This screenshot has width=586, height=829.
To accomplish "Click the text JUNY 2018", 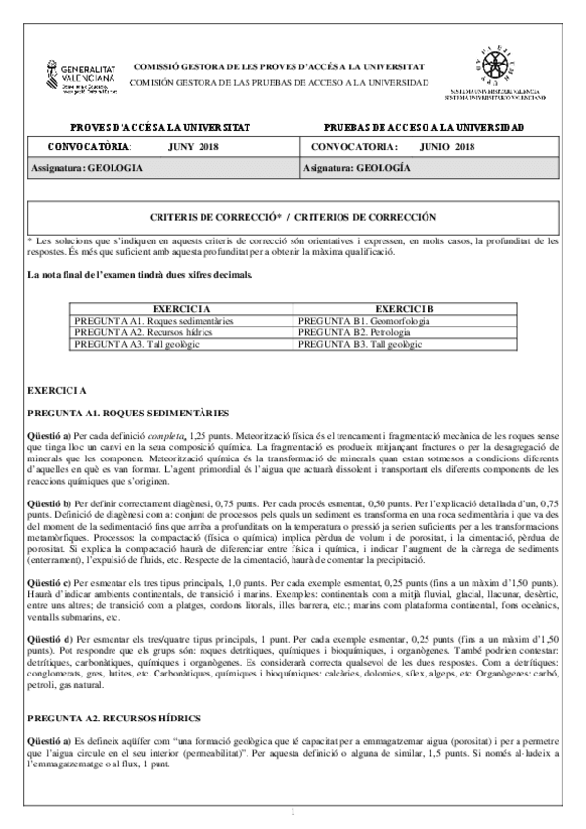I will [194, 147].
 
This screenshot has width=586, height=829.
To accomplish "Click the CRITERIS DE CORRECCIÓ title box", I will [293, 216].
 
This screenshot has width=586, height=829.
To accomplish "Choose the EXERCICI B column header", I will [404, 308].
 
